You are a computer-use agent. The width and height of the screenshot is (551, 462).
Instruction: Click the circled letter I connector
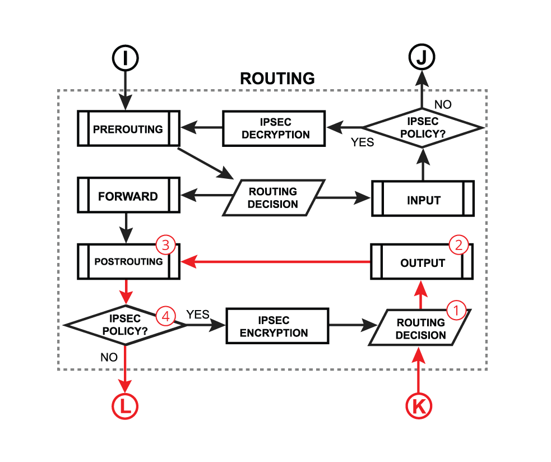coord(125,58)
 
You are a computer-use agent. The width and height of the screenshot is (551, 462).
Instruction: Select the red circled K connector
coord(419,406)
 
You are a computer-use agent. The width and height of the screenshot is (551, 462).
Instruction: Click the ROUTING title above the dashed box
coord(277,78)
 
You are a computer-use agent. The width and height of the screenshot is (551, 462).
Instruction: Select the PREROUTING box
coord(128,129)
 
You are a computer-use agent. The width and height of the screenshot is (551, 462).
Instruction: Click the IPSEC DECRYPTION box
coord(274,128)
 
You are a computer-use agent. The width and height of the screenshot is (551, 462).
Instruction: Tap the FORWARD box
coord(128,197)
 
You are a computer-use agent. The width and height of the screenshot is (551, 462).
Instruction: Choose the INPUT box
coord(423,200)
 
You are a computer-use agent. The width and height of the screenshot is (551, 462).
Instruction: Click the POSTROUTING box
coord(128,261)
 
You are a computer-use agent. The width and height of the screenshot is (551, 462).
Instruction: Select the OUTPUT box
coord(423,262)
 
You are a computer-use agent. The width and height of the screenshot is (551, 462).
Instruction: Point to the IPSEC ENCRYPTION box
coord(277,326)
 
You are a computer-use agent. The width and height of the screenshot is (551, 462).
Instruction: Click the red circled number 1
coord(456,309)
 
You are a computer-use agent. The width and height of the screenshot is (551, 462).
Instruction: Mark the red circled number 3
coord(165,245)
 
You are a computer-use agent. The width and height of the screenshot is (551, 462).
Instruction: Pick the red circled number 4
coord(165,316)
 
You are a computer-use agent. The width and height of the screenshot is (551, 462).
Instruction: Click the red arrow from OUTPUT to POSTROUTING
coord(275,261)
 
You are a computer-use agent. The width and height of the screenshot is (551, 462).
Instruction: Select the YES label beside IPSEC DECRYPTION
coord(362,142)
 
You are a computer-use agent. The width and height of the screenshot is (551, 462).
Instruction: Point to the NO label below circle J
coord(443,104)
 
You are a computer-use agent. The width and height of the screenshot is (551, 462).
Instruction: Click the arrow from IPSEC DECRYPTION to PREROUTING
coord(202,128)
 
